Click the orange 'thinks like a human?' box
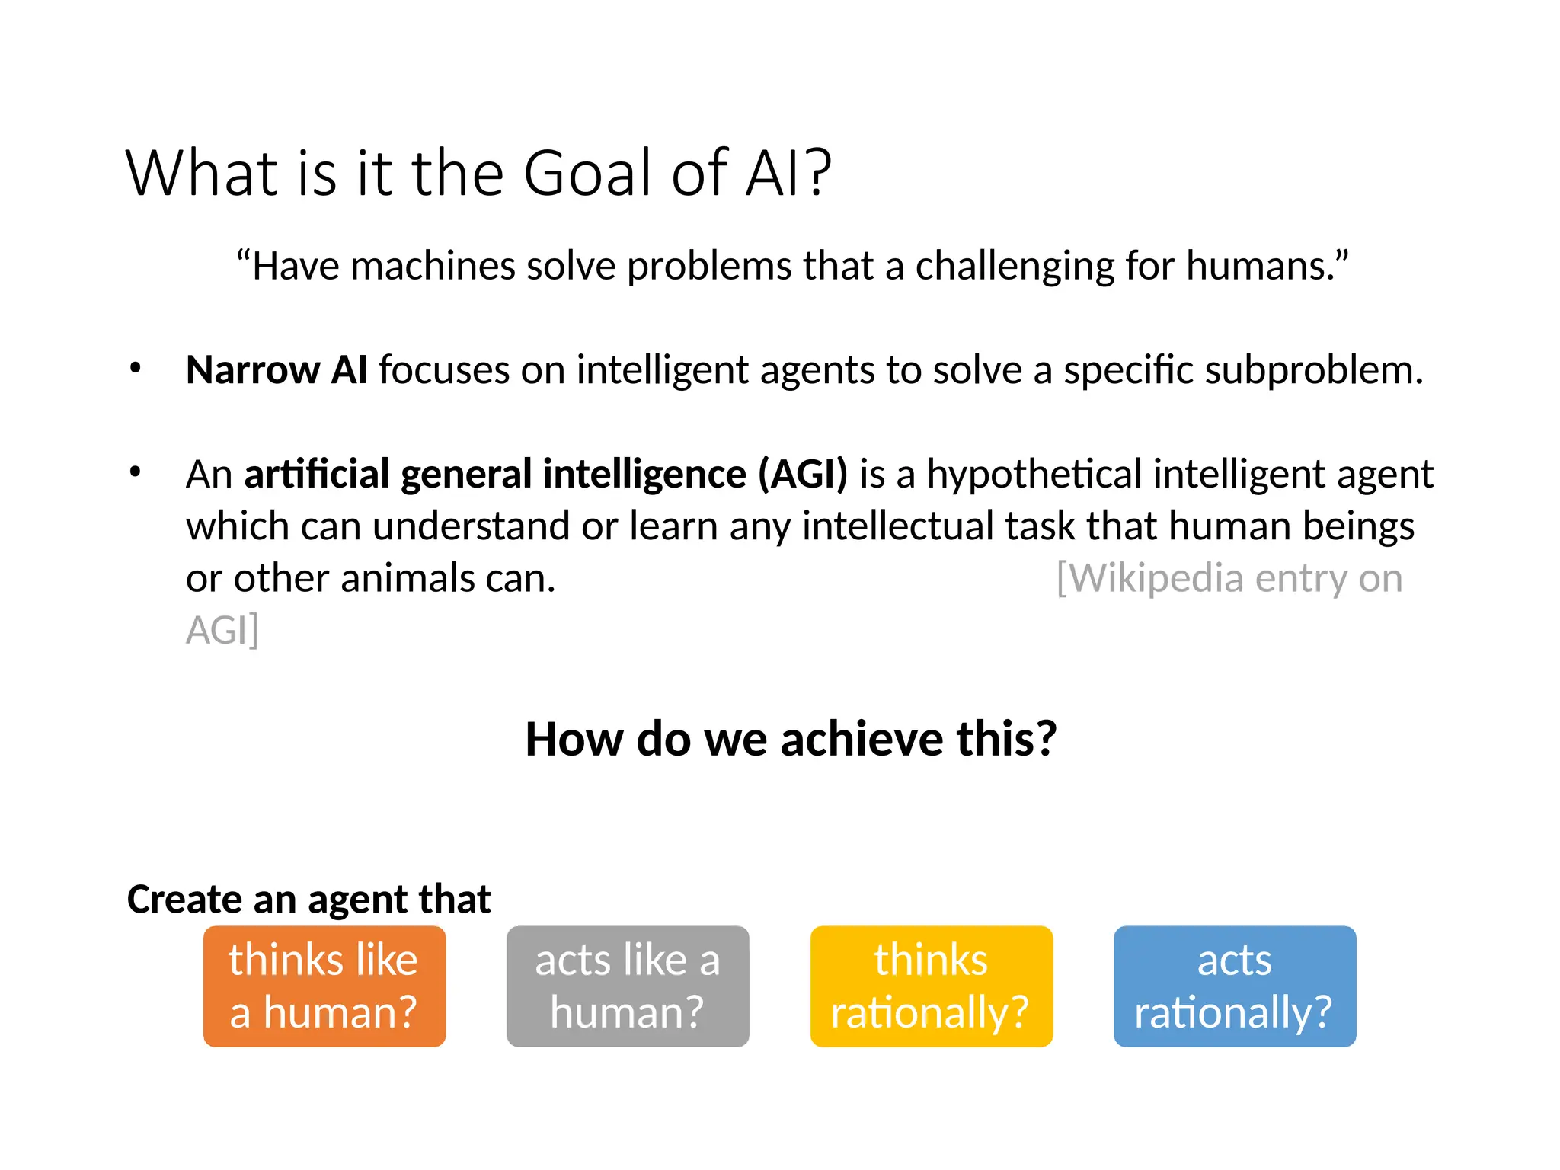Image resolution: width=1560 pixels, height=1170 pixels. click(x=324, y=986)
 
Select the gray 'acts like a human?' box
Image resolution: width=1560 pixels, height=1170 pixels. click(x=628, y=986)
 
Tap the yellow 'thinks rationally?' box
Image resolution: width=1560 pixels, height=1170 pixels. click(x=931, y=986)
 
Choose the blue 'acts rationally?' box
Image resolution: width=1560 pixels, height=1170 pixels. click(x=1234, y=986)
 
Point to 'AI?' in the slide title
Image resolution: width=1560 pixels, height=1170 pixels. click(x=788, y=174)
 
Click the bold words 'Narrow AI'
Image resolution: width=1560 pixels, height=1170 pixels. click(x=277, y=370)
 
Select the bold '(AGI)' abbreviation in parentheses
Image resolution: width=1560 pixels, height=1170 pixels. click(x=802, y=474)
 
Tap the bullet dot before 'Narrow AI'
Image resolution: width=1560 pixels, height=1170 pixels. click(x=136, y=369)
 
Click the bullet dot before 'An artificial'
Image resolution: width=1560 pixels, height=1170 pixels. click(x=136, y=472)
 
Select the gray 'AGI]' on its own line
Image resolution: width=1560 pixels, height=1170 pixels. click(x=222, y=631)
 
